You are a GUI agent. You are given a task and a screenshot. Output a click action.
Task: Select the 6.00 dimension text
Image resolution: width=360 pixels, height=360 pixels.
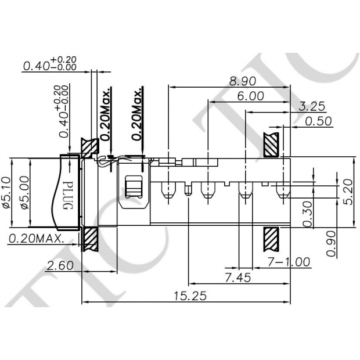coord(250,96)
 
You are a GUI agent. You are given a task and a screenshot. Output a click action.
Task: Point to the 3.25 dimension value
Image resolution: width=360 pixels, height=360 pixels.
coord(312,106)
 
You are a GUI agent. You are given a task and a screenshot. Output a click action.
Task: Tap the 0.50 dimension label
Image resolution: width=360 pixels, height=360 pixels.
coord(318,121)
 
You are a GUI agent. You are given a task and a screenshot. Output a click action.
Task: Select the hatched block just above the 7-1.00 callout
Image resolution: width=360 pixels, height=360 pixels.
coord(271,239)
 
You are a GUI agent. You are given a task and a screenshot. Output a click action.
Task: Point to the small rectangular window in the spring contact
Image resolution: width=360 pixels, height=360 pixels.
coord(134,189)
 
